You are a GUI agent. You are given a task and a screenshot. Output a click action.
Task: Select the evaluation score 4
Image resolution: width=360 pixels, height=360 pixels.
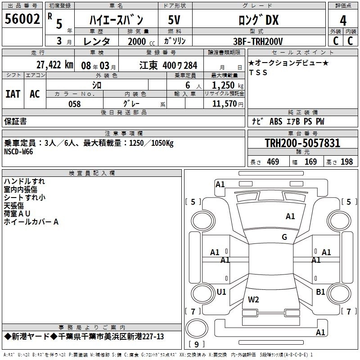(343, 21)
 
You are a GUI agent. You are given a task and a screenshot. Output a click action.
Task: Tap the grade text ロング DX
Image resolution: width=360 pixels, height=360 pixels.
(258, 20)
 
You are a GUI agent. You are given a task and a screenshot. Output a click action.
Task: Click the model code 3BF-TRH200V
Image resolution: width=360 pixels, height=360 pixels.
(258, 41)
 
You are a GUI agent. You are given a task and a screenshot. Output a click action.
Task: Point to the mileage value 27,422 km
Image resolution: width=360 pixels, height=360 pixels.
(54, 65)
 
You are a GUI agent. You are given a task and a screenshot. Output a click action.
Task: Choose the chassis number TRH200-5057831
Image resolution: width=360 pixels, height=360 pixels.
(302, 144)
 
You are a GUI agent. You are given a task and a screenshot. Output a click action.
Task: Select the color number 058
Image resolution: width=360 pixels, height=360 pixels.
(74, 104)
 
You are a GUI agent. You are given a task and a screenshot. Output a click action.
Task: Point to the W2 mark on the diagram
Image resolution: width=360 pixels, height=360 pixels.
(253, 299)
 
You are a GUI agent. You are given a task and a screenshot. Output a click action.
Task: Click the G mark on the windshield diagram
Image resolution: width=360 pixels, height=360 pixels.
(284, 237)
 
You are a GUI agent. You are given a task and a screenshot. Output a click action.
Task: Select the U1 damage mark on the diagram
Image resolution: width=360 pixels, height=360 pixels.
(221, 292)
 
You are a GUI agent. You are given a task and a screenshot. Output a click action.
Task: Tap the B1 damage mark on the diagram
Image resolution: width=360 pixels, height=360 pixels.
(320, 292)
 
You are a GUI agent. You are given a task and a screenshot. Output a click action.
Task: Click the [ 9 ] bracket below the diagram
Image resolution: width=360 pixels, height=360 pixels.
(196, 345)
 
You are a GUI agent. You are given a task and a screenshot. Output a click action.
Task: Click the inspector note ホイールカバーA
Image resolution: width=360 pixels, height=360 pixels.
(31, 222)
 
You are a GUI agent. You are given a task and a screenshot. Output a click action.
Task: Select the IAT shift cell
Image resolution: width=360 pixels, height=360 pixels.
(13, 94)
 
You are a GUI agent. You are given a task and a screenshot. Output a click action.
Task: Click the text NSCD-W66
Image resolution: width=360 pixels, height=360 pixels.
(18, 152)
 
